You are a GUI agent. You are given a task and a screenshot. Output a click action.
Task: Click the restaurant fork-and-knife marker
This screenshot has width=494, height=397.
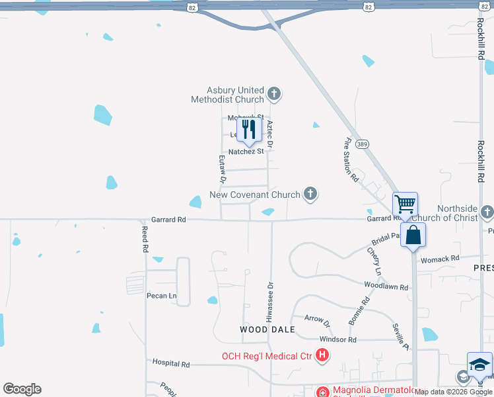point(249,129)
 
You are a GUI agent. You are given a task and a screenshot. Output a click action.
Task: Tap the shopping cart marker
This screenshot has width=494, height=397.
point(405,204)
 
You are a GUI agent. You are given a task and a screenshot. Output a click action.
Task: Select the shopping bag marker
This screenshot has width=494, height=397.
point(413,235)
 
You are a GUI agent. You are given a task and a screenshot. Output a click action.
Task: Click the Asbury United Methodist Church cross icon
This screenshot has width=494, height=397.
point(275,95)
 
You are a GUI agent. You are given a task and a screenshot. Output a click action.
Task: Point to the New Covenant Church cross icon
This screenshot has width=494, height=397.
point(310,195)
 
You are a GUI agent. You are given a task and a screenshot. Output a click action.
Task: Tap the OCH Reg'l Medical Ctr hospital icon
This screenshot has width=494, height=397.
point(322,356)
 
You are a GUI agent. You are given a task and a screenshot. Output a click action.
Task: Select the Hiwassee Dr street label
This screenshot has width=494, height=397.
point(269,302)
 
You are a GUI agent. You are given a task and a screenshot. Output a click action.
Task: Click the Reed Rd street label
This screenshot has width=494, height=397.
point(145,239)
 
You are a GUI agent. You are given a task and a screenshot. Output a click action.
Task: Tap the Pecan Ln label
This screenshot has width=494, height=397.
point(161,296)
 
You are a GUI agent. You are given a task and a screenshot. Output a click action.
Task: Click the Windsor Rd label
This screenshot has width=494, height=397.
point(337,339)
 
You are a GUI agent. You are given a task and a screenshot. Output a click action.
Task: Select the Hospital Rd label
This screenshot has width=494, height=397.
point(171,364)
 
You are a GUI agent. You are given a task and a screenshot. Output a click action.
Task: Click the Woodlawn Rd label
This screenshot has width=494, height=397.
point(386,287)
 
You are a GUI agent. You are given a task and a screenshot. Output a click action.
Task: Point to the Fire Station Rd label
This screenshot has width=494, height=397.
point(351,159)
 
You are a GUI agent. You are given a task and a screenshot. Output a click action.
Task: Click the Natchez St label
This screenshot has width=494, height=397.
point(246,152)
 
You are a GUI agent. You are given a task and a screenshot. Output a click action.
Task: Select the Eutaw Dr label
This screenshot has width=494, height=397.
point(223,169)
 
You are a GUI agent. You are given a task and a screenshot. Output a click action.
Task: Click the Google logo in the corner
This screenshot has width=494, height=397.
point(22,389)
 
